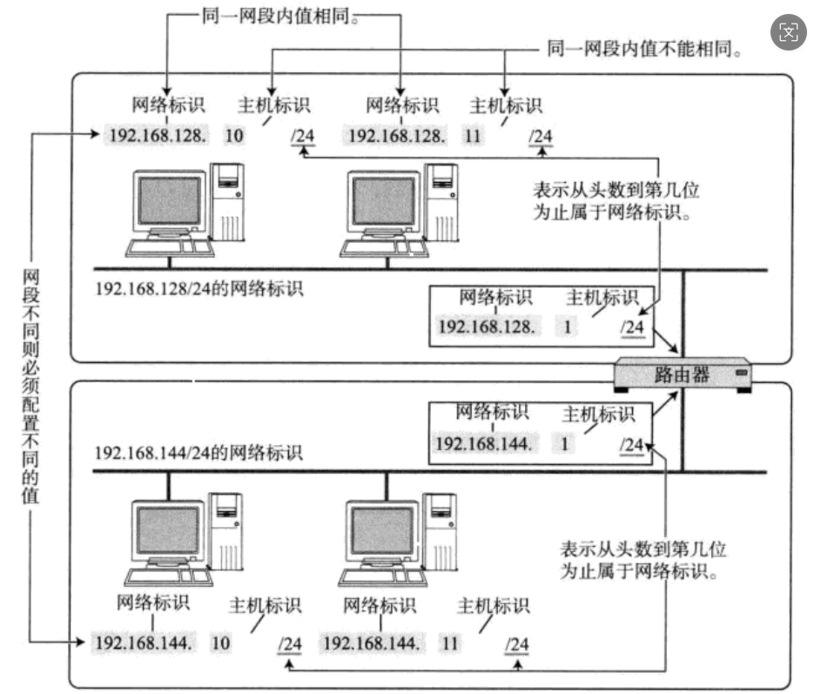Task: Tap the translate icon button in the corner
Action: tap(788, 33)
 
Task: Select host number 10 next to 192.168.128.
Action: tap(234, 135)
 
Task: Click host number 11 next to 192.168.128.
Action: tap(474, 135)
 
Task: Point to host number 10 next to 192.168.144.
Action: tap(221, 643)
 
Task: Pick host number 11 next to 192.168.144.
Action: tap(450, 643)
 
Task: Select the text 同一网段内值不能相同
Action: tap(643, 51)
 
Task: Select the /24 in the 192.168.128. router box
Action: tap(632, 327)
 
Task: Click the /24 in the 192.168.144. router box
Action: tap(630, 445)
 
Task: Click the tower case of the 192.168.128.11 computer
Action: tap(442, 200)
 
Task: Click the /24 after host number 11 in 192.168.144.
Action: tap(517, 644)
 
